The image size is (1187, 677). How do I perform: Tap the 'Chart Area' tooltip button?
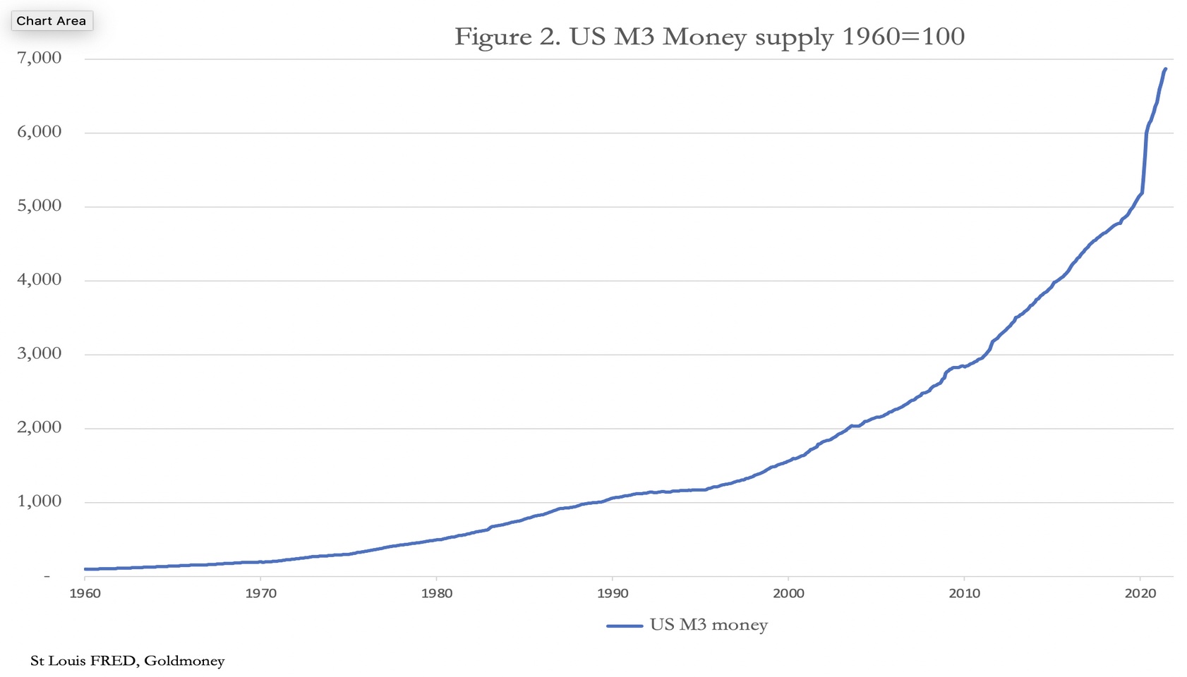52,20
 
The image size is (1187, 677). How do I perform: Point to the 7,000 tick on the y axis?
40,59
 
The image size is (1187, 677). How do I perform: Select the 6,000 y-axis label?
40,132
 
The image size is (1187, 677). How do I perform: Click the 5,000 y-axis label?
40,206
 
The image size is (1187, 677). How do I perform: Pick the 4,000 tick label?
40,280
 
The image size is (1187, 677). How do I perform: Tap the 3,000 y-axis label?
40,354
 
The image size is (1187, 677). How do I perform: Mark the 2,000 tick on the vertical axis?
40,427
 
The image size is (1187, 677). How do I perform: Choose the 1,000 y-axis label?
40,501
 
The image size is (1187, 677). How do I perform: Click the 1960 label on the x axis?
85,594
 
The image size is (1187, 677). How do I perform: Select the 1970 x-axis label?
260,594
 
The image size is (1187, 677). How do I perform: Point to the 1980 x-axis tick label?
437,594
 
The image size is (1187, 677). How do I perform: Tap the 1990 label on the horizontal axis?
613,594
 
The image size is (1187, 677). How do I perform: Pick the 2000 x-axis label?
788,594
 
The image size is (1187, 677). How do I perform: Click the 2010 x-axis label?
965,594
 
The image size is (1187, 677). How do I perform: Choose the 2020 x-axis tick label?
1140,594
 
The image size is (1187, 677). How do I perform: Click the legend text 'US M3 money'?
709,626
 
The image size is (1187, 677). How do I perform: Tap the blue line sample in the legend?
625,626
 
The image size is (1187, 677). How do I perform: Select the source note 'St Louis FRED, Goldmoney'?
128,661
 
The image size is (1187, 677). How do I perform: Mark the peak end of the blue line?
1165,69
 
